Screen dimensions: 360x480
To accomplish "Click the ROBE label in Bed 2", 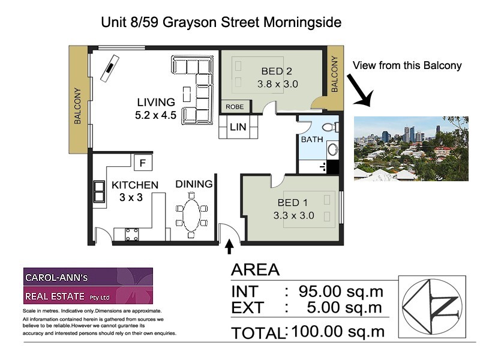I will (235, 107).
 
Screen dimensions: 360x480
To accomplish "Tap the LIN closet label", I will (238, 127).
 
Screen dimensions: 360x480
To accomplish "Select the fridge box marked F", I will (142, 162).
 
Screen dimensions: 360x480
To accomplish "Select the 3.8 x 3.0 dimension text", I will (277, 84).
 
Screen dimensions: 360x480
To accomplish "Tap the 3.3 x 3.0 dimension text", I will (293, 215).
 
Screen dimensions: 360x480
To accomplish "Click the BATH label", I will (312, 139).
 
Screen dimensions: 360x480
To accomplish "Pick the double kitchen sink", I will (99, 190).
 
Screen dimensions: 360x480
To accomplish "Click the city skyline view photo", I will (411, 148).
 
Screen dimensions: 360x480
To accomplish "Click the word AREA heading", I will (256, 269).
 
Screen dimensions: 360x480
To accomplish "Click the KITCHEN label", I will (135, 185).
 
